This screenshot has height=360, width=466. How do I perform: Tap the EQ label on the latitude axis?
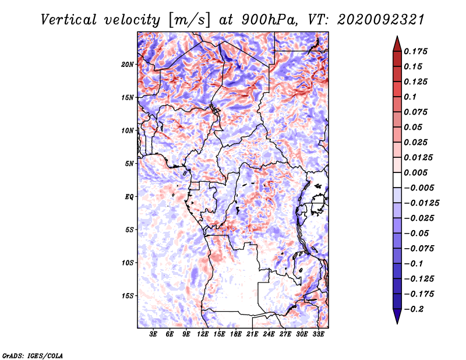click(x=129, y=197)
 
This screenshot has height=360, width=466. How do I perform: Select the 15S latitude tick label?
click(x=128, y=296)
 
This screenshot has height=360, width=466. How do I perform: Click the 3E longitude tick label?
click(x=154, y=334)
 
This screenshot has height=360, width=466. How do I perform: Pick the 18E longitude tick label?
click(x=236, y=334)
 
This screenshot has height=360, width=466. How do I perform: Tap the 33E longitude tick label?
click(x=318, y=334)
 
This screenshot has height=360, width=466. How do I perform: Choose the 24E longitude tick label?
click(x=269, y=334)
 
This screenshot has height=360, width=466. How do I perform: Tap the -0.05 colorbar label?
click(x=418, y=233)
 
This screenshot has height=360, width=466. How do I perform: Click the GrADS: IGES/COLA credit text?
click(x=33, y=355)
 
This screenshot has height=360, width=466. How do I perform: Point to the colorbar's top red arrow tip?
click(x=397, y=38)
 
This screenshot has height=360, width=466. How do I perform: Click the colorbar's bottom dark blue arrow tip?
click(x=397, y=322)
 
